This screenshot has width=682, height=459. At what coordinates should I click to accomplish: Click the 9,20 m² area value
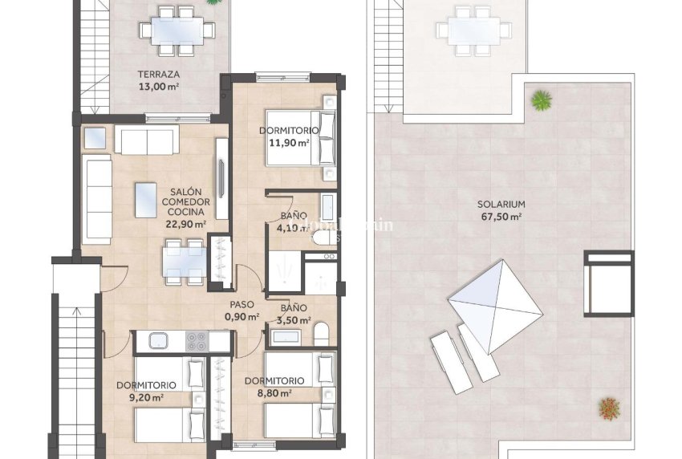pos(145,396)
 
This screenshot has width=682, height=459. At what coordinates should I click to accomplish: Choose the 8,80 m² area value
pos(274,393)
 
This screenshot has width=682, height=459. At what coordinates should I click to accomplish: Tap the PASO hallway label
pos(242,304)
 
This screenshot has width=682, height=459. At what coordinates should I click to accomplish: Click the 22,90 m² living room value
pos(185,225)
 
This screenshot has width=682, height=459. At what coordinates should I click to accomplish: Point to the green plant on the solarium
pos(541,100)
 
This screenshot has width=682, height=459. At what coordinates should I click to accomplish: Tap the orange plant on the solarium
pos(609,408)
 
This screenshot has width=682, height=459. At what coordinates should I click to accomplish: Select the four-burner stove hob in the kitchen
pos(197,341)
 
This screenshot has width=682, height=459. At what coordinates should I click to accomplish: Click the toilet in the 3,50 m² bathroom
pos(322,332)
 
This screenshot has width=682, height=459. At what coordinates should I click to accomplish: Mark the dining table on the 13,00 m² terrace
pos(176,30)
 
